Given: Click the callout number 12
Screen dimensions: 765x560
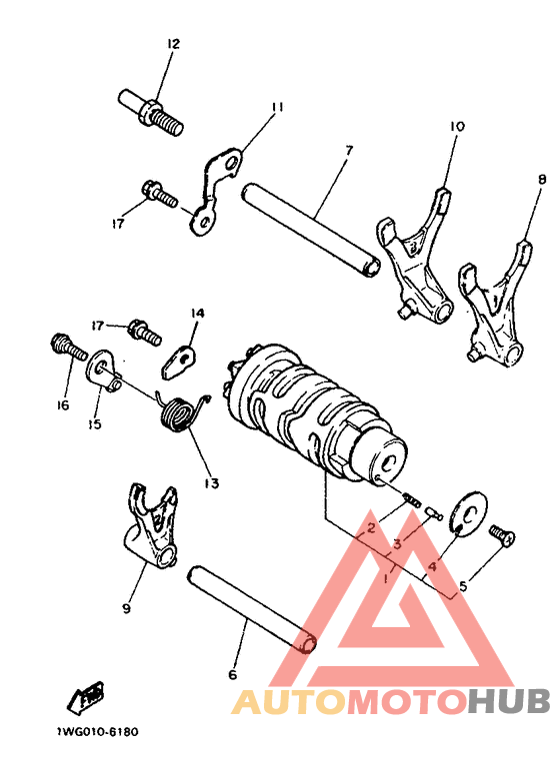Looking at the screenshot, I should (x=172, y=43).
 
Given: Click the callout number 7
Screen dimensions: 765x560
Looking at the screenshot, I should (x=348, y=151).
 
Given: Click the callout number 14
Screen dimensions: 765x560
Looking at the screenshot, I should (x=196, y=314).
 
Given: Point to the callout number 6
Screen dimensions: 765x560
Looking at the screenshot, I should (x=232, y=675).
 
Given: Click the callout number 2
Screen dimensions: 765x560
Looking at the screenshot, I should (x=371, y=526).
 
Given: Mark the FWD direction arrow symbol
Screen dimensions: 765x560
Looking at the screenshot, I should (x=88, y=694).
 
